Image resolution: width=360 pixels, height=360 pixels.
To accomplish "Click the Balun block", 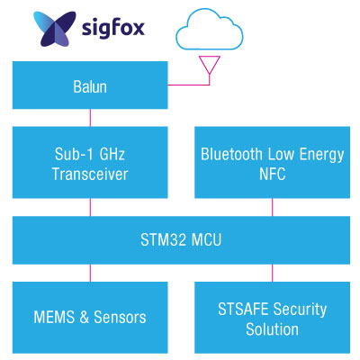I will tap(90, 88).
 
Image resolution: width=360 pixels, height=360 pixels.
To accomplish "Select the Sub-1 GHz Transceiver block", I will tap(90, 163).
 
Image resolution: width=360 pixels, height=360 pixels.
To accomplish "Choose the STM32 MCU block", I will tap(181, 239).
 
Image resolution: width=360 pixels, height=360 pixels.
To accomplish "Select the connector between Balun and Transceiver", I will tap(90, 117).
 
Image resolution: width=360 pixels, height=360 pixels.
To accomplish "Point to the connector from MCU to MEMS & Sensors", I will tap(90, 273).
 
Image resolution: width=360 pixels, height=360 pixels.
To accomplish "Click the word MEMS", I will tap(55, 317).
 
